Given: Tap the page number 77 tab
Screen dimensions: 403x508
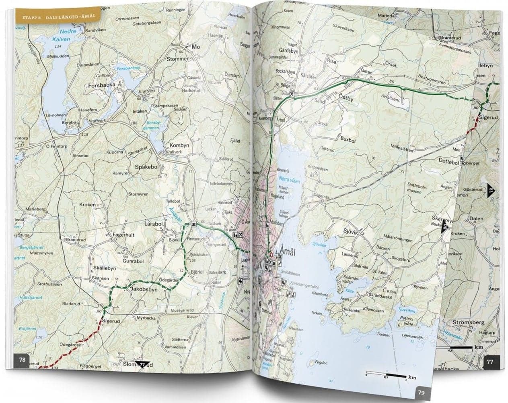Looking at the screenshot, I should tap(489, 361).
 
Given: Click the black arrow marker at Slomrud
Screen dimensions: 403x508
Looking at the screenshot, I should tap(141, 364).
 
